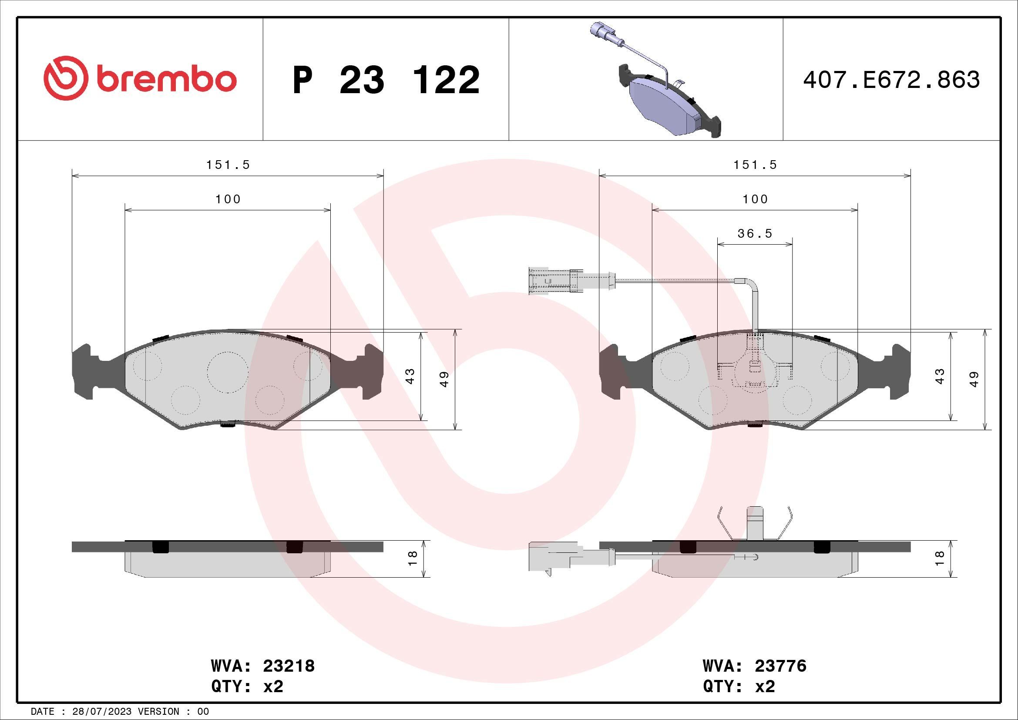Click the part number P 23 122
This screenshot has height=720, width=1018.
tap(386, 80)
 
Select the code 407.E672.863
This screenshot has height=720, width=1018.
tap(891, 80)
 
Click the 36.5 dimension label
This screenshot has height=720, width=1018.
tap(755, 234)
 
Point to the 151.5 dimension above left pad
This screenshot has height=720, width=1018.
tap(228, 165)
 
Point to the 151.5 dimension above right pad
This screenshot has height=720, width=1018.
tap(755, 165)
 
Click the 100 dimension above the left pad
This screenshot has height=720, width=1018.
tap(228, 199)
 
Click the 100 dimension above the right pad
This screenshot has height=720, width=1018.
tap(755, 199)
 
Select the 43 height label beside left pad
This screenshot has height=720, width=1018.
tap(410, 376)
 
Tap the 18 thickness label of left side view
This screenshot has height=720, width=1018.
tap(412, 558)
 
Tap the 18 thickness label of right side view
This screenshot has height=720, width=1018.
tap(939, 558)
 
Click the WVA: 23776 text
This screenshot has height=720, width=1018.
tap(754, 666)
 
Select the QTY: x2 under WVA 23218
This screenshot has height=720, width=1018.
tap(247, 687)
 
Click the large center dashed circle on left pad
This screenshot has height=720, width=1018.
tap(227, 372)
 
